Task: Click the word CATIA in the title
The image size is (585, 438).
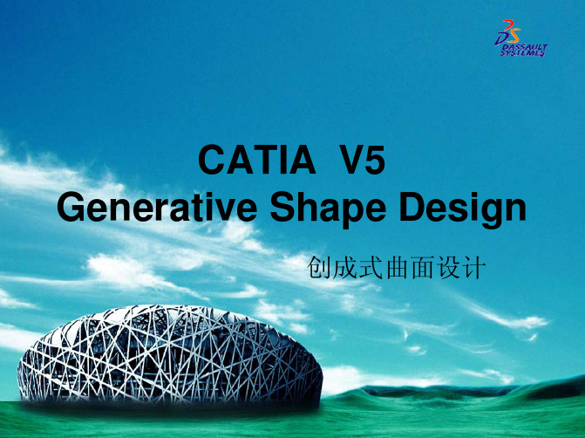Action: pos(257,160)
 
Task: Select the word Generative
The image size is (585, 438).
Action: pos(157,207)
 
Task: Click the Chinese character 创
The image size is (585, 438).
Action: pos(318,267)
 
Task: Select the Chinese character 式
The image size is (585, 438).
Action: pos(371,267)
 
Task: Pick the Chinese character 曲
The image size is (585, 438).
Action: pos(397,267)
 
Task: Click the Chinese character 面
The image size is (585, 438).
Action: pos(422,267)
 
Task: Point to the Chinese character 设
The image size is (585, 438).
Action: pos(448,267)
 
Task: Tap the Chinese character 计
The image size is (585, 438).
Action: pos(474,267)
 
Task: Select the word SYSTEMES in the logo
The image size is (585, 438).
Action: pos(522,53)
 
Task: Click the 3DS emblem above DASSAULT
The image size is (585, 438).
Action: pos(507,32)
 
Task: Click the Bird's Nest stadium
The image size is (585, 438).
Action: pos(170,355)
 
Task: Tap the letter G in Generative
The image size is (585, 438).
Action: pos(72,207)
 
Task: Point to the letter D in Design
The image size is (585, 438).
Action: pos(412,207)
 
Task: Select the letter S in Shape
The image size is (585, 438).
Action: pos(282,207)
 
